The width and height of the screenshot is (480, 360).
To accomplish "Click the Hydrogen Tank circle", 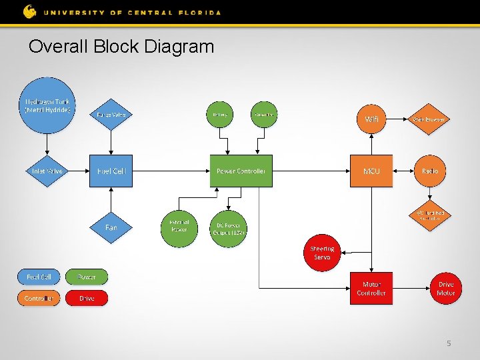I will pos(47,106).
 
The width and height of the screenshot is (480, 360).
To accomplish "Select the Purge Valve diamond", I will pos(111,115).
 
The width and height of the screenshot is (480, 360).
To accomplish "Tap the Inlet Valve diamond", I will pos(47,171).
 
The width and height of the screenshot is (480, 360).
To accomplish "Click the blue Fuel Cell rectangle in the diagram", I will pos(111,171).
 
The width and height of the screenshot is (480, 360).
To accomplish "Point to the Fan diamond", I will pos(111,227).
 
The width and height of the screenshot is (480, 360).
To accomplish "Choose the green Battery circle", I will pos(220,115).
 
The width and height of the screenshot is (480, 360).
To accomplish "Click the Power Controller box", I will pos(241,171).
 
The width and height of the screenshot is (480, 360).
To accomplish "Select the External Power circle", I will pos(179,227).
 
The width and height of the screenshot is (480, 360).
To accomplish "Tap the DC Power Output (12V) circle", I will pos(228,229).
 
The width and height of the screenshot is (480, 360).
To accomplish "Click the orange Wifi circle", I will pos(371,119).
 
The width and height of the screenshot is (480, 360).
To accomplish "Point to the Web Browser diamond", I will pos(430,119).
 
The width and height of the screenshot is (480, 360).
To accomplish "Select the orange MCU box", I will pos(371,171).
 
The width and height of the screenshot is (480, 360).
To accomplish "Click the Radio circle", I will pos(430,171).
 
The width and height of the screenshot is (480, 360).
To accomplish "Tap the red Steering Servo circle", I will pos(322,253).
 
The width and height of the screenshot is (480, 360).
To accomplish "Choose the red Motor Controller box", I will pos(371,289).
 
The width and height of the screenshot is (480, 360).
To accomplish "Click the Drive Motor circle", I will pos(445,289).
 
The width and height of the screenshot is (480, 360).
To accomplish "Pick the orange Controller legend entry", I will pos(39,298).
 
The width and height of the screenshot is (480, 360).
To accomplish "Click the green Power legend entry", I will pos(87,277).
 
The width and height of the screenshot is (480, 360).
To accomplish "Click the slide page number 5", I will pos(449,343).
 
